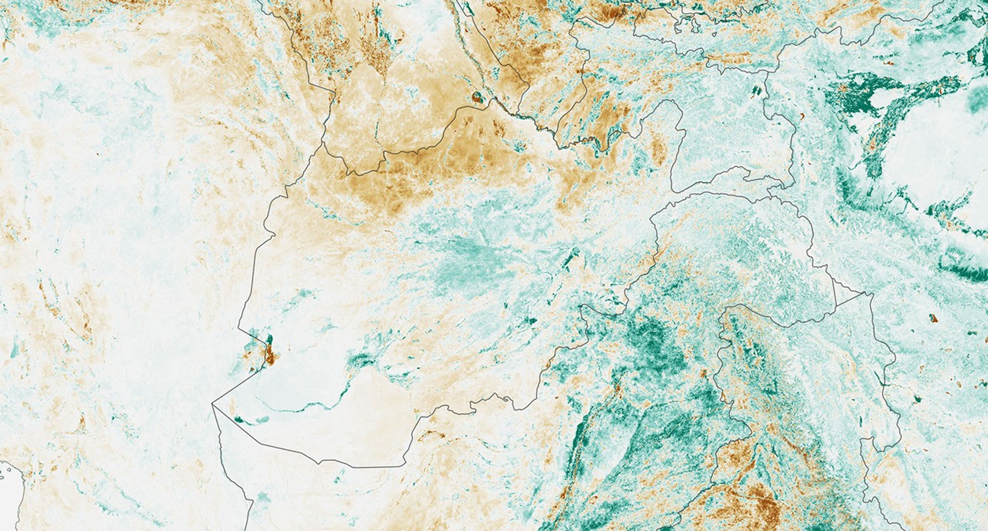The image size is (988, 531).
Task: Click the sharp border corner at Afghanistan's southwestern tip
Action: pyautogui.click(x=212, y=403)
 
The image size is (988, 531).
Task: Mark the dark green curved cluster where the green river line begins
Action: pyautogui.click(x=360, y=360)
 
